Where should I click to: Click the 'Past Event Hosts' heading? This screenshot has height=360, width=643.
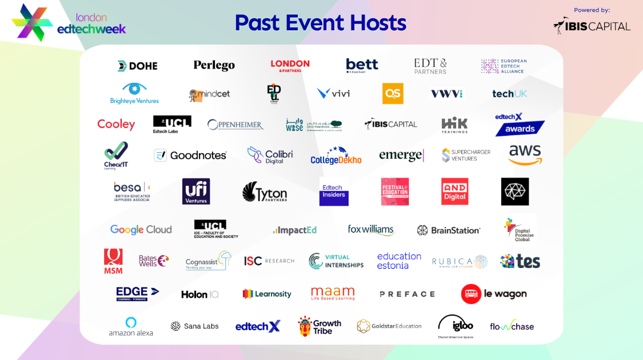320,23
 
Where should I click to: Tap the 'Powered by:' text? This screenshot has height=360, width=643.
592,10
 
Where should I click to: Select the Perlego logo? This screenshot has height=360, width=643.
214,66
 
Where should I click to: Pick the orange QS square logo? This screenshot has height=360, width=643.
393,93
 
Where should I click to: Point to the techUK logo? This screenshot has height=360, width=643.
510,94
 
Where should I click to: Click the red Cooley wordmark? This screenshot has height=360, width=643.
116,124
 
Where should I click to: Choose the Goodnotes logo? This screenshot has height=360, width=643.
190,155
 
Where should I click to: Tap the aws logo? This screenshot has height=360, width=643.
525,154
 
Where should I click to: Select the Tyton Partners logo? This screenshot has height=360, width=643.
264,193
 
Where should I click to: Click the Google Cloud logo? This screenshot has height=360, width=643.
141,230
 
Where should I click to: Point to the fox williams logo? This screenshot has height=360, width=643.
371,230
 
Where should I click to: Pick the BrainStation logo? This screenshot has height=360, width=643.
449,230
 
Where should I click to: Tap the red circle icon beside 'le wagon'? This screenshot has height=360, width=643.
471,294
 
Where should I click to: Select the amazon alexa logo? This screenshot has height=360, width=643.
131,326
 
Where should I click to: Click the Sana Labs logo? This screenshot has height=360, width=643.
194,326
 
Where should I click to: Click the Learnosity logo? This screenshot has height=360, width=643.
267,294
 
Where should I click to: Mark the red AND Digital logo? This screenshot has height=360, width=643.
454,191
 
